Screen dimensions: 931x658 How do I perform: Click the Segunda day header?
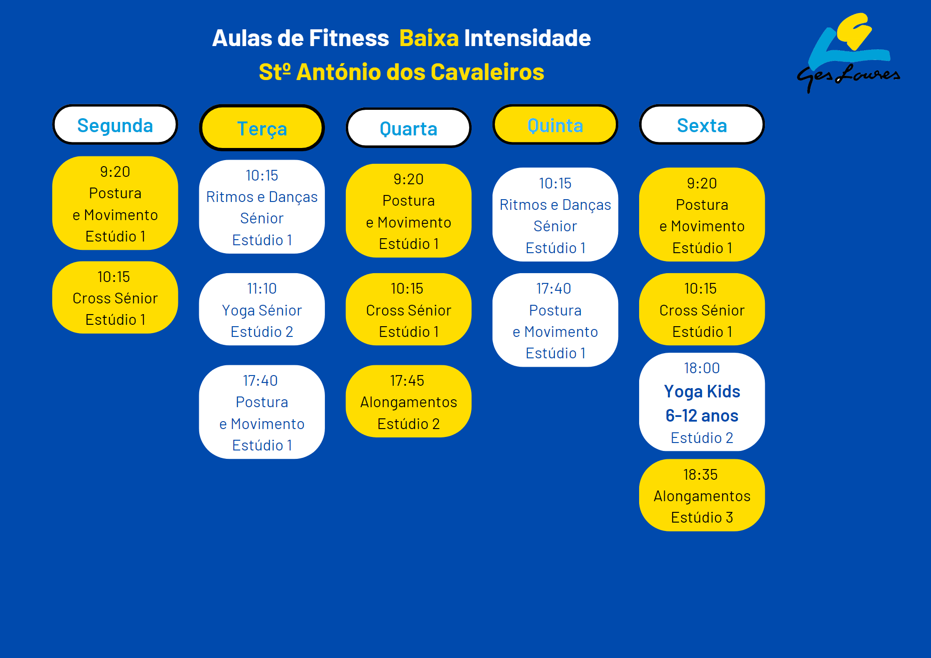pyautogui.click(x=115, y=125)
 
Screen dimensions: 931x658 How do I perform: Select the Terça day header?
pyautogui.click(x=262, y=128)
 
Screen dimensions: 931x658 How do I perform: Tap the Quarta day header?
pyautogui.click(x=408, y=128)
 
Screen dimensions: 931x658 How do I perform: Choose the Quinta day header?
pyautogui.click(x=555, y=125)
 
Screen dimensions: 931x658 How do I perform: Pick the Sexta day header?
pyautogui.click(x=702, y=125)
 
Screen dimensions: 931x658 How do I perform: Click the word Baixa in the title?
pyautogui.click(x=429, y=38)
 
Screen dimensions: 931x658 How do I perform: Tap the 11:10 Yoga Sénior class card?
pyautogui.click(x=262, y=309)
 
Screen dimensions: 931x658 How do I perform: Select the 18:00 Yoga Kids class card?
pyautogui.click(x=702, y=402)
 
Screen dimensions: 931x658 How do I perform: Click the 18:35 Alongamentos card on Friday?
pyautogui.click(x=702, y=495)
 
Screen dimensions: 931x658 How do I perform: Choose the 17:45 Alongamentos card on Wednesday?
pyautogui.click(x=408, y=401)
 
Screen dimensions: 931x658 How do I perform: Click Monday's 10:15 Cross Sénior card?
pyautogui.click(x=115, y=297)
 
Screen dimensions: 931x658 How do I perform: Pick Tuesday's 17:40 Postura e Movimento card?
pyautogui.click(x=262, y=412)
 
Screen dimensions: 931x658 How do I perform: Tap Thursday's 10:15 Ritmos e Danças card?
pyautogui.click(x=555, y=215)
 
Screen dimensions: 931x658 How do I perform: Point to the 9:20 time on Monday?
pyautogui.click(x=115, y=172)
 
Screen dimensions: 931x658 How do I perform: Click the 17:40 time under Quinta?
pyautogui.click(x=553, y=289)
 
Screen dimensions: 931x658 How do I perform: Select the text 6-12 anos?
pyautogui.click(x=702, y=416)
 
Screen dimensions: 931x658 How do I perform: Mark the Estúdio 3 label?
pyautogui.click(x=702, y=517)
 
